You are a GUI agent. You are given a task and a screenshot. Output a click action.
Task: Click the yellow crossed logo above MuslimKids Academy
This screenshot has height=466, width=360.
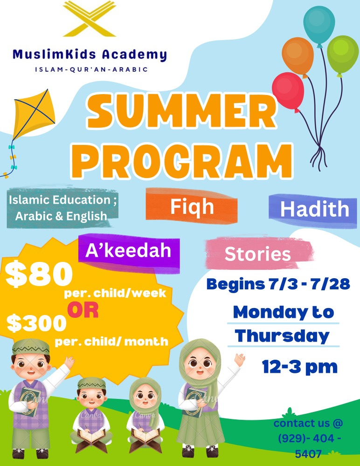click(90, 19)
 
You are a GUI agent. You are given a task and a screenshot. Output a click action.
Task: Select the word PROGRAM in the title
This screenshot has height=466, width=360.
click(182, 160)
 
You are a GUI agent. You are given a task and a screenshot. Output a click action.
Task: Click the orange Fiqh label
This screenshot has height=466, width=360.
click(192, 206)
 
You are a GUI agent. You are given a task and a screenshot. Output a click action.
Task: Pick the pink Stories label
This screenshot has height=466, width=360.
click(258, 254)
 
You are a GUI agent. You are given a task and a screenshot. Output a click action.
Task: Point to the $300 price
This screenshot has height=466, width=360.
click(36, 323)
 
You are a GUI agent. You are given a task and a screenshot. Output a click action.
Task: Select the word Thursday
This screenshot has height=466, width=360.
click(283, 336)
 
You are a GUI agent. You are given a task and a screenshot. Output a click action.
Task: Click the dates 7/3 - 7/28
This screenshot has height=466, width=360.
click(310, 284)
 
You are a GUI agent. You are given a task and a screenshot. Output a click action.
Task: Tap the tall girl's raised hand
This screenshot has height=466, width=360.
click(239, 360)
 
